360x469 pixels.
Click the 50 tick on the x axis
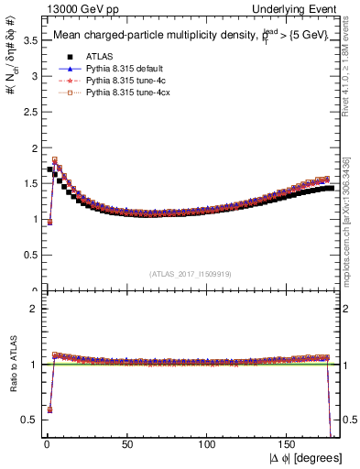click(126, 446)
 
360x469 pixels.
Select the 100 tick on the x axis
click(207, 446)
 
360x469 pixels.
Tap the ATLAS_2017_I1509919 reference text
click(190, 273)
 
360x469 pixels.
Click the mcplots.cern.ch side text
click(349, 220)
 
